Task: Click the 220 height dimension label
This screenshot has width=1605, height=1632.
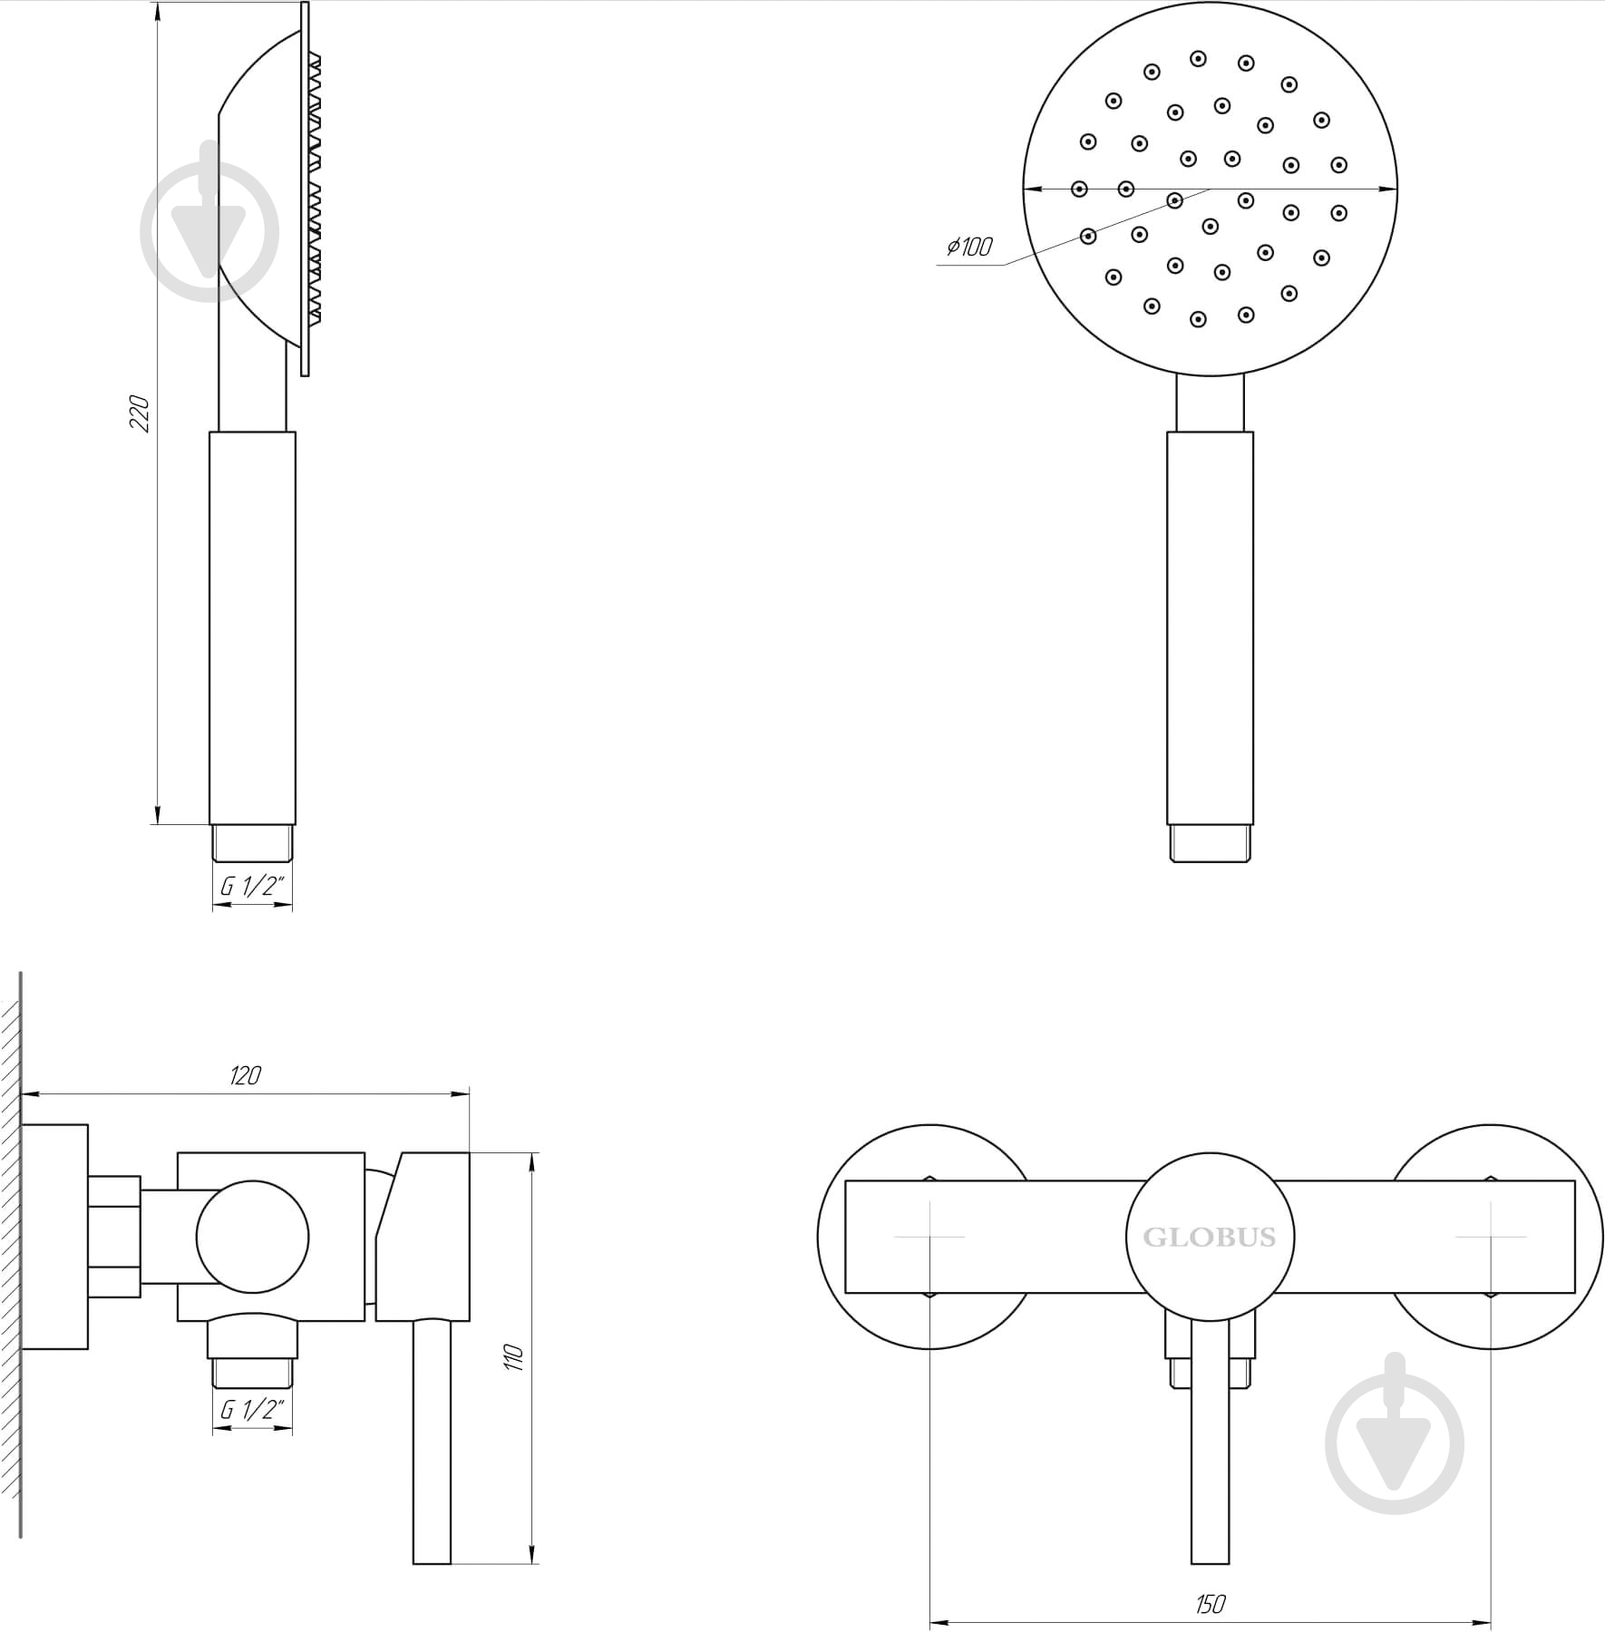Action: click(140, 413)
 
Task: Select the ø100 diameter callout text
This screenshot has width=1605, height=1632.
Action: click(969, 247)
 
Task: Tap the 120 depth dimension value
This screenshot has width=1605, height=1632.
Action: click(246, 1076)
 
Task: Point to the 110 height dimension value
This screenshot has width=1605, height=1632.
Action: click(514, 1358)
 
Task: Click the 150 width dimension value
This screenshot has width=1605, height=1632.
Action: click(1211, 1605)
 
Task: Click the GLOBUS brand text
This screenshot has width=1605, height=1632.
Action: click(1210, 1237)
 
